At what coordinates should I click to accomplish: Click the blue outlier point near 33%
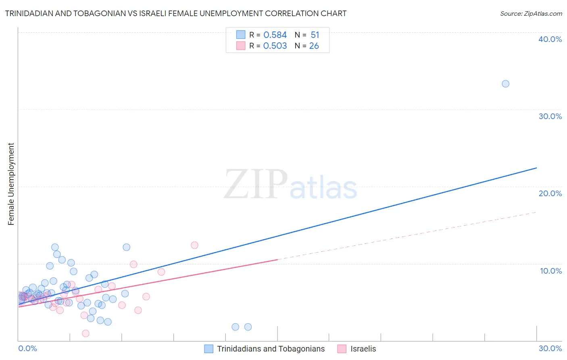505,84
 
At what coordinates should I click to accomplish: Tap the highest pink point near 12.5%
194,245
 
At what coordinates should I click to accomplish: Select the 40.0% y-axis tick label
550,39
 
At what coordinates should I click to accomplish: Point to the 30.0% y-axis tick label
550,116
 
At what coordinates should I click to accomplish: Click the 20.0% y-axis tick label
550,193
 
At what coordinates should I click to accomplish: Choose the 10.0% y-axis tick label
551,271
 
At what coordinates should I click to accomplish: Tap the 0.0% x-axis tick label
28,348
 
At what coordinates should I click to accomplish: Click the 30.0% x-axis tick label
550,348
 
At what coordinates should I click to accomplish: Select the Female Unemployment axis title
11,184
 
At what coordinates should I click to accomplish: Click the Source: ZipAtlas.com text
531,14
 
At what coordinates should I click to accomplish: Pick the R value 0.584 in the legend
275,35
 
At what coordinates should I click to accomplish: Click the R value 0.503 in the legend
275,46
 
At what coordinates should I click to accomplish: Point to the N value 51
315,35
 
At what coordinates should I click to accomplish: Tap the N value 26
314,46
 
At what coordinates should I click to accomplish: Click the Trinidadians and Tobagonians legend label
271,349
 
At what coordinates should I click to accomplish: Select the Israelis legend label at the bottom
363,349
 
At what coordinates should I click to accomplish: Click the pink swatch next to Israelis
342,349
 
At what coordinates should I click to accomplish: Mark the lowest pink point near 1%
85,333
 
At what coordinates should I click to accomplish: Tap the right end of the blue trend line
536,168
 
